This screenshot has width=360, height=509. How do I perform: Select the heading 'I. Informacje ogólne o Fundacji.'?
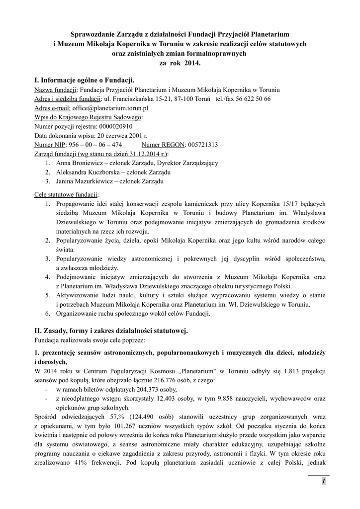click(x=85, y=80)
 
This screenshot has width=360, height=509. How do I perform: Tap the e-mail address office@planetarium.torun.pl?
click(x=111, y=108)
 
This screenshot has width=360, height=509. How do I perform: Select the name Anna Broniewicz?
click(x=77, y=163)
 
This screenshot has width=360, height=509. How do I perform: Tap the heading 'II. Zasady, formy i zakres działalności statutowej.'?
click(x=111, y=331)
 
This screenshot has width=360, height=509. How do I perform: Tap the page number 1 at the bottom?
click(x=323, y=481)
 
